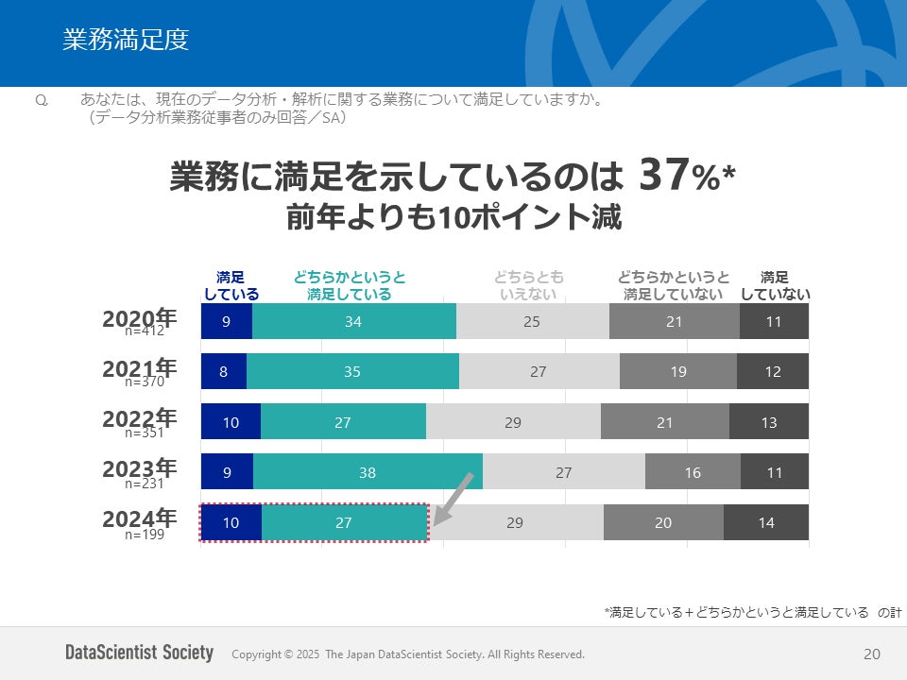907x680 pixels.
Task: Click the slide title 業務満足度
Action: [x=126, y=40]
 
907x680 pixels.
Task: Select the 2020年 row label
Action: [x=139, y=318]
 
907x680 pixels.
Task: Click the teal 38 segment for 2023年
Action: [x=368, y=472]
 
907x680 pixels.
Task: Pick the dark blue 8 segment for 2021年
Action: [x=223, y=371]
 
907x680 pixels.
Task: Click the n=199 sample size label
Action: [x=145, y=534]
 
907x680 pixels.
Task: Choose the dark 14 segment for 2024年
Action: [x=766, y=522]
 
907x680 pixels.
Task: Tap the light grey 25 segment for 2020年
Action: [x=532, y=321]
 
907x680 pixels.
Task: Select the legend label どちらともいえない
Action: [x=528, y=285]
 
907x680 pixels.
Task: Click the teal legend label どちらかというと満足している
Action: [x=350, y=285]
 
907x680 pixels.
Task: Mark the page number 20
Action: [x=871, y=654]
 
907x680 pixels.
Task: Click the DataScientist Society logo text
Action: [x=139, y=653]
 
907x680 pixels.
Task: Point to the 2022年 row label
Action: [x=139, y=418]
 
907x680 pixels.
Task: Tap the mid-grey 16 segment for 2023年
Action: [x=693, y=472]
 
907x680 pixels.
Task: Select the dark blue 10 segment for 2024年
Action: [x=231, y=522]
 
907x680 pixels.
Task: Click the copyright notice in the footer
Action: [x=408, y=654]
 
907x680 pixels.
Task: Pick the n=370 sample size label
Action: [x=145, y=382]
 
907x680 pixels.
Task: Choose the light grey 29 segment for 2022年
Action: [x=513, y=422]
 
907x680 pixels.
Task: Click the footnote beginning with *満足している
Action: [x=752, y=613]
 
